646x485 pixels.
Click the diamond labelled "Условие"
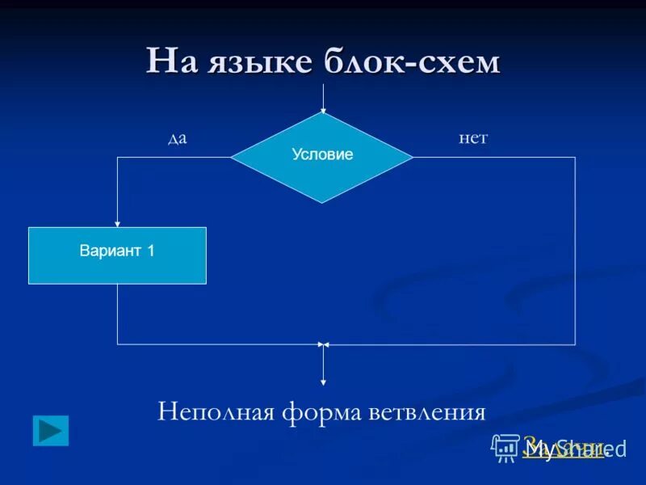pyautogui.click(x=322, y=157)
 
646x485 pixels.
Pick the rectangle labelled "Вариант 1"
pyautogui.click(x=117, y=255)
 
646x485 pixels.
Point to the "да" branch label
pyautogui.click(x=177, y=138)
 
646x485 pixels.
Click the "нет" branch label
pyautogui.click(x=473, y=138)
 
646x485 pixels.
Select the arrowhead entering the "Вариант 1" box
pyautogui.click(x=118, y=224)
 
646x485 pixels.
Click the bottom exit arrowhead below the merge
pyautogui.click(x=323, y=382)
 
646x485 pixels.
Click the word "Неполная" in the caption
pyautogui.click(x=216, y=412)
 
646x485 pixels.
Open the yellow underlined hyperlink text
pyautogui.click(x=563, y=446)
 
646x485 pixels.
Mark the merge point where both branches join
pyautogui.click(x=323, y=344)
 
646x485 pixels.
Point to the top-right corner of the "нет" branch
pyautogui.click(x=575, y=157)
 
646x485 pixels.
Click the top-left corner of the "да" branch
pyautogui.click(x=118, y=157)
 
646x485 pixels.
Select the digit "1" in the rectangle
pyautogui.click(x=150, y=251)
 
